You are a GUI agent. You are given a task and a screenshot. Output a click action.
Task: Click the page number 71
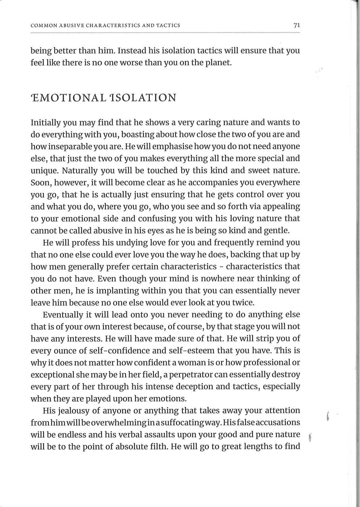(296, 25)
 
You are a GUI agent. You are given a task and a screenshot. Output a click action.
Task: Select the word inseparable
(64, 147)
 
